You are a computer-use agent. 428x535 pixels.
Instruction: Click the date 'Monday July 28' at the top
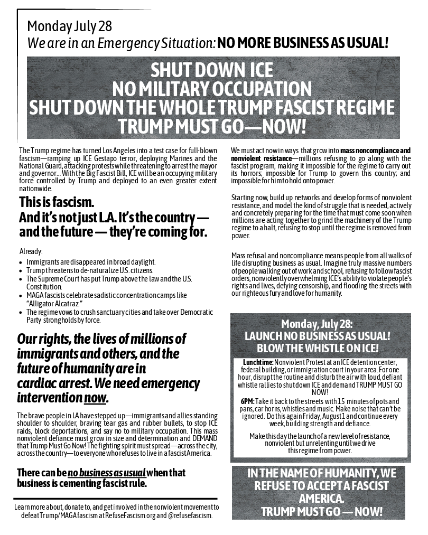click(70, 26)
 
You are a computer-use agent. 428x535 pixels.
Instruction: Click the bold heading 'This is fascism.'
click(57, 202)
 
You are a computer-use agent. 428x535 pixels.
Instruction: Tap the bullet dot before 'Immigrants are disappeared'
click(20, 262)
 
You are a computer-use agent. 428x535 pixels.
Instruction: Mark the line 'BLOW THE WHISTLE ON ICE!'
click(321, 349)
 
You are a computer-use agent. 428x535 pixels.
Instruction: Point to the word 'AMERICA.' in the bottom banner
click(321, 499)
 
